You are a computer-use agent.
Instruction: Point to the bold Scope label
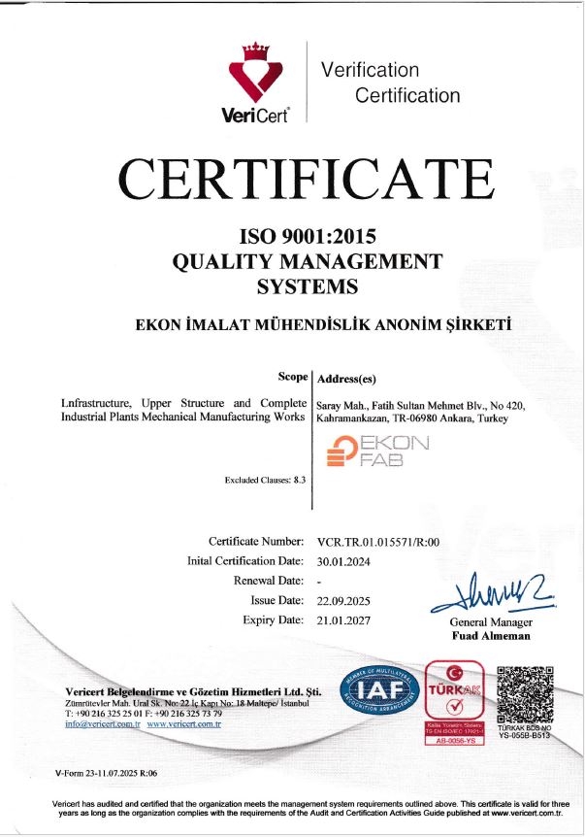coord(293,377)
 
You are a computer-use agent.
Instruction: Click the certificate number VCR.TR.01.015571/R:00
coord(378,541)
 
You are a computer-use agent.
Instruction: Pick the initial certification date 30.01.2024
coord(339,561)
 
